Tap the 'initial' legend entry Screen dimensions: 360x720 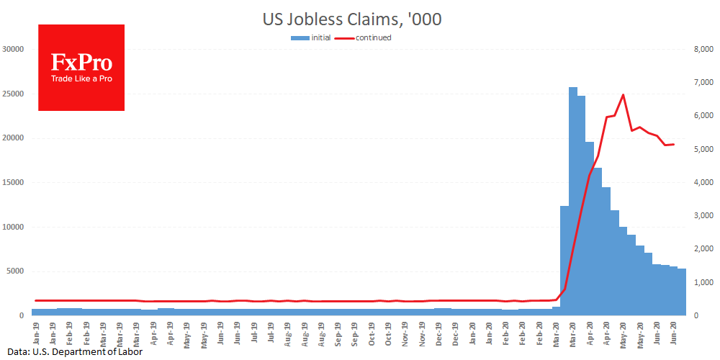[320, 37]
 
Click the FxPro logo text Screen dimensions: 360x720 [81, 62]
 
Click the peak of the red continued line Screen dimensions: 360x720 [623, 95]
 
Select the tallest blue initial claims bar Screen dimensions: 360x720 [573, 202]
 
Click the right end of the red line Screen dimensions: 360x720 [673, 144]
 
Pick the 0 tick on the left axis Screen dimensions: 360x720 [23, 315]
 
